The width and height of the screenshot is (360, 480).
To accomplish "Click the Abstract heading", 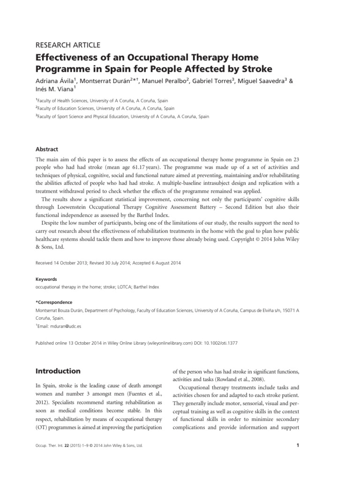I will (47, 149).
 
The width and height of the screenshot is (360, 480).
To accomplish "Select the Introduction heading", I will (58, 371).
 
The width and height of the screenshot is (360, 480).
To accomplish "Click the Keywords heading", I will (47, 278).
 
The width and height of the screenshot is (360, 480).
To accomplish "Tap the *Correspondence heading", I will (54, 302).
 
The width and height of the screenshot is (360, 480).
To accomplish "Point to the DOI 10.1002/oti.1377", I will (216, 343).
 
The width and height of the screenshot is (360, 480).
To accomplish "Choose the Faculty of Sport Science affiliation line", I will (122, 116).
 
